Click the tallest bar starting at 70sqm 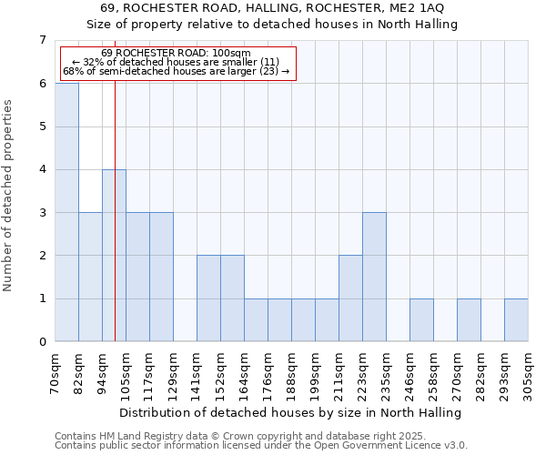point(66,212)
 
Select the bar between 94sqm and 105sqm point(114,255)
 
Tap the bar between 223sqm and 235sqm point(374,277)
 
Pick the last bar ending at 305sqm point(516,319)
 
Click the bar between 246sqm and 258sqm point(421,319)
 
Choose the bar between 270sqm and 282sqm point(469,319)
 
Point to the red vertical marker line point(116,136)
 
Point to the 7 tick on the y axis point(42,40)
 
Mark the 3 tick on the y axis point(42,212)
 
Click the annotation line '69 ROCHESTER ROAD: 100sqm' point(177,54)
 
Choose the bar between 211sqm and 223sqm point(350,298)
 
